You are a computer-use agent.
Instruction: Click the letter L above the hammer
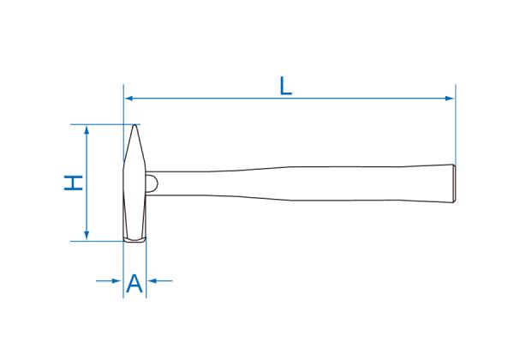pos(286,85)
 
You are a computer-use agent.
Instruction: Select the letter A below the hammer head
pos(134,284)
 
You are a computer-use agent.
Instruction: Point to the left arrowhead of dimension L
pos(129,99)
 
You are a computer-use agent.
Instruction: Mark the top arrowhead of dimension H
pos(86,129)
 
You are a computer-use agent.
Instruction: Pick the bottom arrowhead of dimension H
pos(86,236)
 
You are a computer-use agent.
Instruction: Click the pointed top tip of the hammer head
pos(134,125)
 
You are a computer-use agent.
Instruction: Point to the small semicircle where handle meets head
pos(152,183)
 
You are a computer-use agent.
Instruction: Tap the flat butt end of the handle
pos(454,183)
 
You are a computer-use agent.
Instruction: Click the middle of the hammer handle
pos(300,183)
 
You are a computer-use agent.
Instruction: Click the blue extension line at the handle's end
pos(456,129)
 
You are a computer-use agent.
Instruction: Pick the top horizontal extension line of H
pos(103,124)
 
